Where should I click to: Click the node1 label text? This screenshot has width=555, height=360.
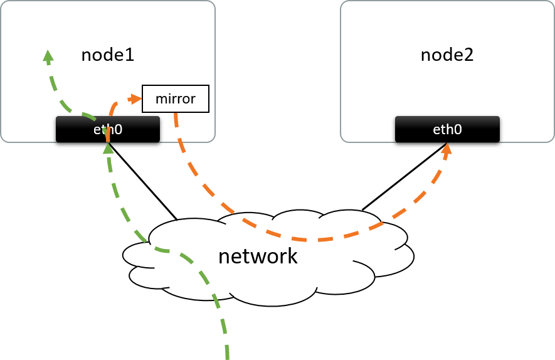point(108,55)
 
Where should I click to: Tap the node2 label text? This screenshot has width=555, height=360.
point(447,55)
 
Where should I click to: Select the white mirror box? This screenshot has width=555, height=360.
point(175,98)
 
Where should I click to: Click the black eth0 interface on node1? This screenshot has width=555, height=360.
point(107,129)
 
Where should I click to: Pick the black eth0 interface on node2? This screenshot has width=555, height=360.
point(447,129)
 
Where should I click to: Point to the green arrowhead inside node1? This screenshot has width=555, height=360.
point(48,56)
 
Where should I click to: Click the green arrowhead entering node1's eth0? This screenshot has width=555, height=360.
point(108,148)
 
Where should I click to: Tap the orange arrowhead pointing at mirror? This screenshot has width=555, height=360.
point(134,98)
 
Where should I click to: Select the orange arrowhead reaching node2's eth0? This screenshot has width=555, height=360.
point(447,149)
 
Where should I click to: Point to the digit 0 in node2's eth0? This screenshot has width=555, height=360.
point(458,130)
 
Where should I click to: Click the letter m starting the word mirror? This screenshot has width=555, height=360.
point(161,99)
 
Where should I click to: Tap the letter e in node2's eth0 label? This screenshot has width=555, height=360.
point(436,130)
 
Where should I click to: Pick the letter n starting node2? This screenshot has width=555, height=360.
point(425,56)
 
